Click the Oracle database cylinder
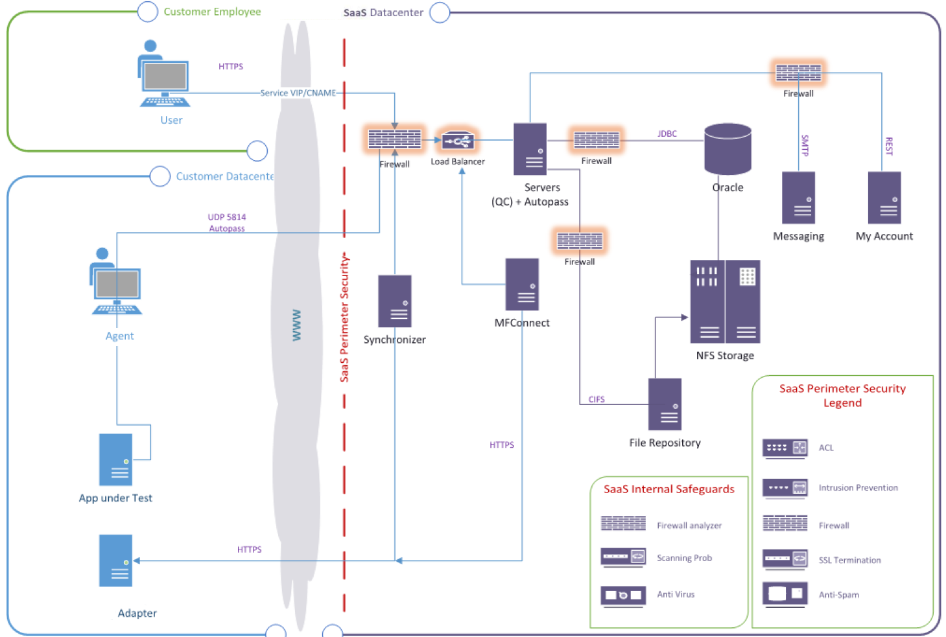(x=727, y=149)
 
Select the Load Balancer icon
(x=458, y=141)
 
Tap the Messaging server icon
(x=798, y=198)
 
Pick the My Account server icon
(x=884, y=198)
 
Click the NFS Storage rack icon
(x=725, y=301)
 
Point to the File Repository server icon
(x=665, y=404)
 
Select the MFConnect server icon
(x=522, y=284)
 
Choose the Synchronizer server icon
(x=395, y=301)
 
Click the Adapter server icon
(x=115, y=561)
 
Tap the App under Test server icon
(x=115, y=459)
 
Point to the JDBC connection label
(x=667, y=134)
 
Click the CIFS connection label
(x=597, y=400)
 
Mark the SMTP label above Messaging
(x=805, y=145)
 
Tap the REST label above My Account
(x=889, y=146)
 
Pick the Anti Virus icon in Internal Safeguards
(x=623, y=595)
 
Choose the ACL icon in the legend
(x=785, y=448)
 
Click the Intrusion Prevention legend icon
(x=785, y=488)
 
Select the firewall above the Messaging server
(x=798, y=73)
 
